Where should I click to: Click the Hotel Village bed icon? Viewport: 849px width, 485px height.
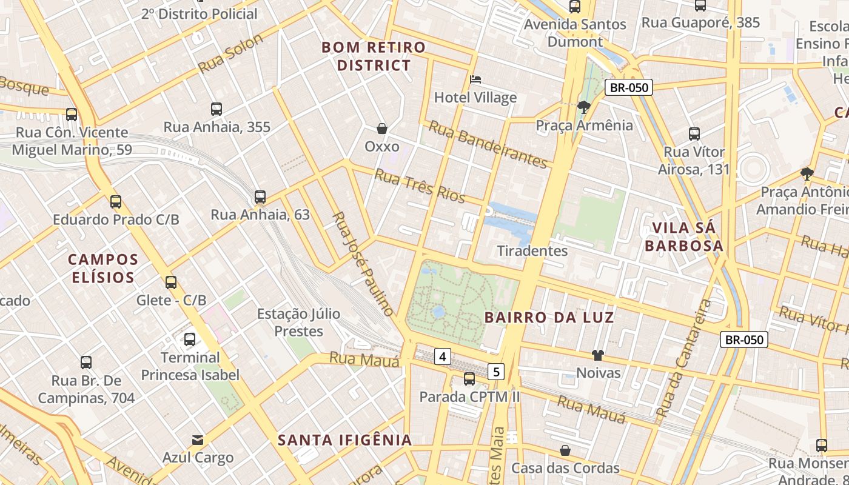point(475,79)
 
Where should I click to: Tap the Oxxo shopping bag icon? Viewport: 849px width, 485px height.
point(382,129)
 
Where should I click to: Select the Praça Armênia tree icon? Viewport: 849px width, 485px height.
point(584,107)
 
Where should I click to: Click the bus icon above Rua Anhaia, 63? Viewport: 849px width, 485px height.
point(260,196)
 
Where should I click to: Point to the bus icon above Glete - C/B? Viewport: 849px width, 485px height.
point(171,282)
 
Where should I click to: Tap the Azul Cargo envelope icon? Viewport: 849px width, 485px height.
point(198,440)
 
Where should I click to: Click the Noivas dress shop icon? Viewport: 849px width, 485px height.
point(598,355)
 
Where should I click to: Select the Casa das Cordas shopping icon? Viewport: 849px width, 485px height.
point(565,450)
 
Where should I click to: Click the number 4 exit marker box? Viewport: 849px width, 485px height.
point(443,357)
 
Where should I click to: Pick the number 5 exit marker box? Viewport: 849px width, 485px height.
point(496,371)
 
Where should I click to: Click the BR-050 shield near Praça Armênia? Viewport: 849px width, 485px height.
point(629,87)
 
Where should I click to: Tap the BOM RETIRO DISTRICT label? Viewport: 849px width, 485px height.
point(374,56)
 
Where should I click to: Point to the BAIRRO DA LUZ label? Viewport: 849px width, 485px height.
point(549,317)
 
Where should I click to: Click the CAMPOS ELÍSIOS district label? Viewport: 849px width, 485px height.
point(103,268)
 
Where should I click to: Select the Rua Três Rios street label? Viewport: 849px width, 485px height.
point(420,186)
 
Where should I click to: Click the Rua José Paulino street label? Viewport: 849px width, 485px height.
point(363,263)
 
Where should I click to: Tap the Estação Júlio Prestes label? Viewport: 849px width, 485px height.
point(298,323)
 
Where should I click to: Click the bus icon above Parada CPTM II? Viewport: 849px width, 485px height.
point(469,379)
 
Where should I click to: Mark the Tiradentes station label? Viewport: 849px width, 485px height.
point(532,250)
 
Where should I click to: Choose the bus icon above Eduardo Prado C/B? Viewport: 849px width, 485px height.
point(116,202)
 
